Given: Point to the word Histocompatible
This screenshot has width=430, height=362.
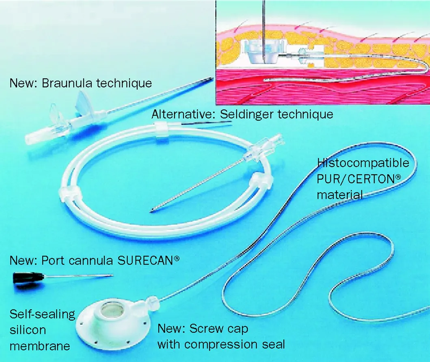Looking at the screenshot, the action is [363, 163].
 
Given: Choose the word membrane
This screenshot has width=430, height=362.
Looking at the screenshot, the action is [40, 346].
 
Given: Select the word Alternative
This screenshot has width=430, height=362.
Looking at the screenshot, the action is [182, 114].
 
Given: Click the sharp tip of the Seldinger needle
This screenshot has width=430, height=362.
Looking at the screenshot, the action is [151, 211].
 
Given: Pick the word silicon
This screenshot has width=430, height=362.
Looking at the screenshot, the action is [28, 330].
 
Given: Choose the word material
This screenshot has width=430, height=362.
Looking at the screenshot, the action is [340, 195].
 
